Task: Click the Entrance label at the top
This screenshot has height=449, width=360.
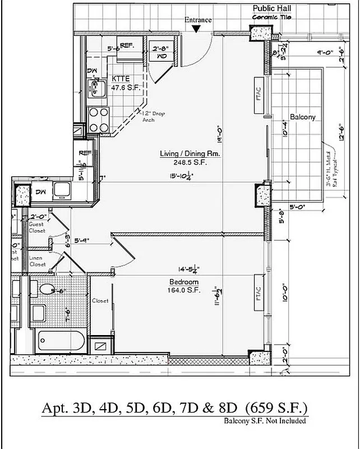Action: pos(198,20)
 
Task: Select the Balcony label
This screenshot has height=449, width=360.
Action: pos(303,117)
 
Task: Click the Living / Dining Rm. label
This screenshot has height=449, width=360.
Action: pos(190,153)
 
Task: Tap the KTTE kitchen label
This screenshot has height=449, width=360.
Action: pos(122,79)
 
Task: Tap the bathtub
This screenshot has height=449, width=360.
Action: pos(61,341)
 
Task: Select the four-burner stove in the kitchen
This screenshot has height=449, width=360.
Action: pos(99,119)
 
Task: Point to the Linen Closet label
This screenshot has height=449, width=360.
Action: pos(37,261)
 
